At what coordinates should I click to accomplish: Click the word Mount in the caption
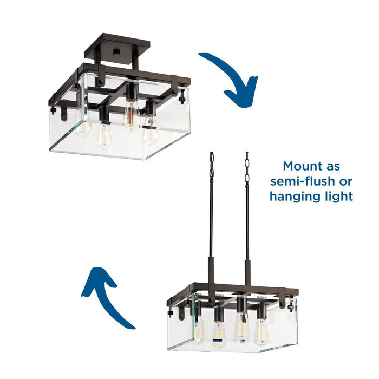point(302,166)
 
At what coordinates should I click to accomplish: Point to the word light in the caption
point(339,195)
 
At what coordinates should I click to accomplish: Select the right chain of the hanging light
point(247,168)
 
